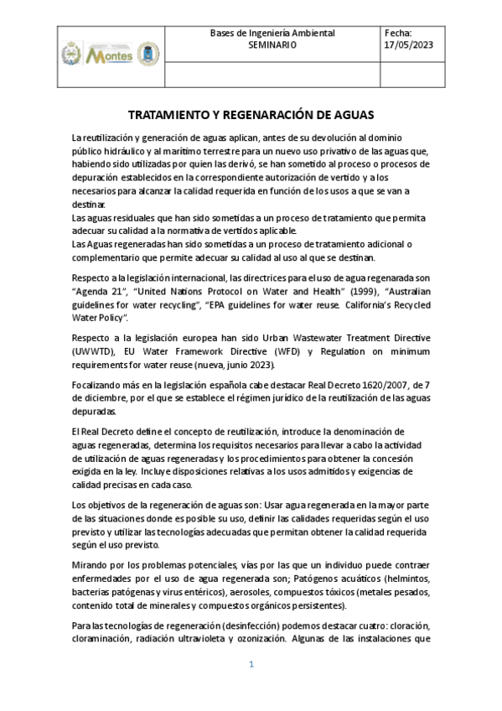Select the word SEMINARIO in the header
[x=272, y=45]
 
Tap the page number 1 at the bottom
[x=251, y=665]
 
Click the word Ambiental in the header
[x=308, y=33]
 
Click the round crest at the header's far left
[x=70, y=54]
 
